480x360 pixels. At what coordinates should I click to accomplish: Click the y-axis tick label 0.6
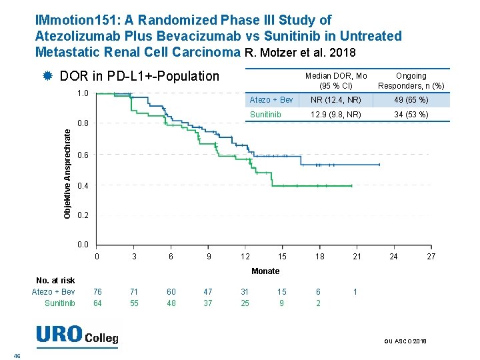83,155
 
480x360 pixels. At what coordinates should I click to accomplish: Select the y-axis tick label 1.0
83,93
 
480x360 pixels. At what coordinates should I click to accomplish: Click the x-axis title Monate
265,271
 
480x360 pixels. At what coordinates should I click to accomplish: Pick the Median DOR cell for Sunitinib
335,115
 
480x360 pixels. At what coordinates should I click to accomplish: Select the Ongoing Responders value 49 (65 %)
411,100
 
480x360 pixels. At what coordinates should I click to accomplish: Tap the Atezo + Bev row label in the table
271,100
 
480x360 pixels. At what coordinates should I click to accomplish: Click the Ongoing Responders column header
411,81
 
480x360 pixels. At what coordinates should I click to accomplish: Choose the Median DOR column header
335,81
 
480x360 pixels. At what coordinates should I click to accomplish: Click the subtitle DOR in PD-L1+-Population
139,76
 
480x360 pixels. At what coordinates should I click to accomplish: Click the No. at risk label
55,281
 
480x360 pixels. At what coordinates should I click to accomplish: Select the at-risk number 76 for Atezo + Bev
98,292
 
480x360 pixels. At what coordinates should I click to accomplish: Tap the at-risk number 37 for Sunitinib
208,303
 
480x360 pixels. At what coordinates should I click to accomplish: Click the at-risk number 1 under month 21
355,292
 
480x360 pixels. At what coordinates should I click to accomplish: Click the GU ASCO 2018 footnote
405,341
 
